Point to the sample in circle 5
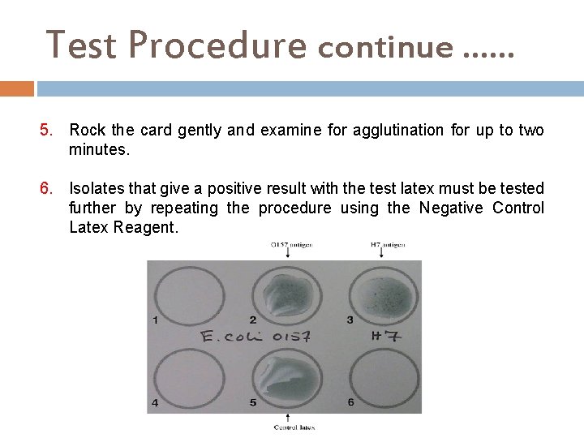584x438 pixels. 284,376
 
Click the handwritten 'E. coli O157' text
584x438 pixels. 245,336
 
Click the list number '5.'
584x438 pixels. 49,131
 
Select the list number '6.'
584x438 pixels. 49,189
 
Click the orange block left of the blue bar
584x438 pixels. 17,88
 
